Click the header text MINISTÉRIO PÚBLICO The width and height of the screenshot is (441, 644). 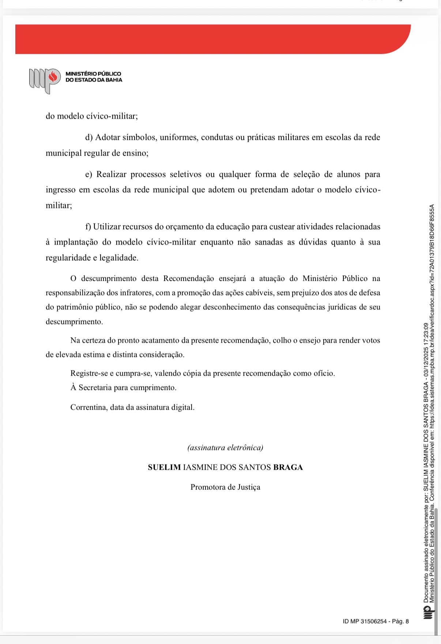click(93, 74)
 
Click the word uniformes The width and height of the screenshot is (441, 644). click(179, 137)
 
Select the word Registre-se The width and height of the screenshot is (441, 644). click(89, 373)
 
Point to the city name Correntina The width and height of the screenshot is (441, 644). click(88, 407)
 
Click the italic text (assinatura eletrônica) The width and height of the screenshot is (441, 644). click(225, 448)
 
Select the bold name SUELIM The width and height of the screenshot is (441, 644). click(164, 468)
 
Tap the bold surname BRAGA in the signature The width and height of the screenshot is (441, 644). click(288, 468)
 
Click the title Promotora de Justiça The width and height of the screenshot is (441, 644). click(225, 487)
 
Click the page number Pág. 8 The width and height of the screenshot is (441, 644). click(400, 621)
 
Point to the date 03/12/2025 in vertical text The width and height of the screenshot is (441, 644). click(426, 366)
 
